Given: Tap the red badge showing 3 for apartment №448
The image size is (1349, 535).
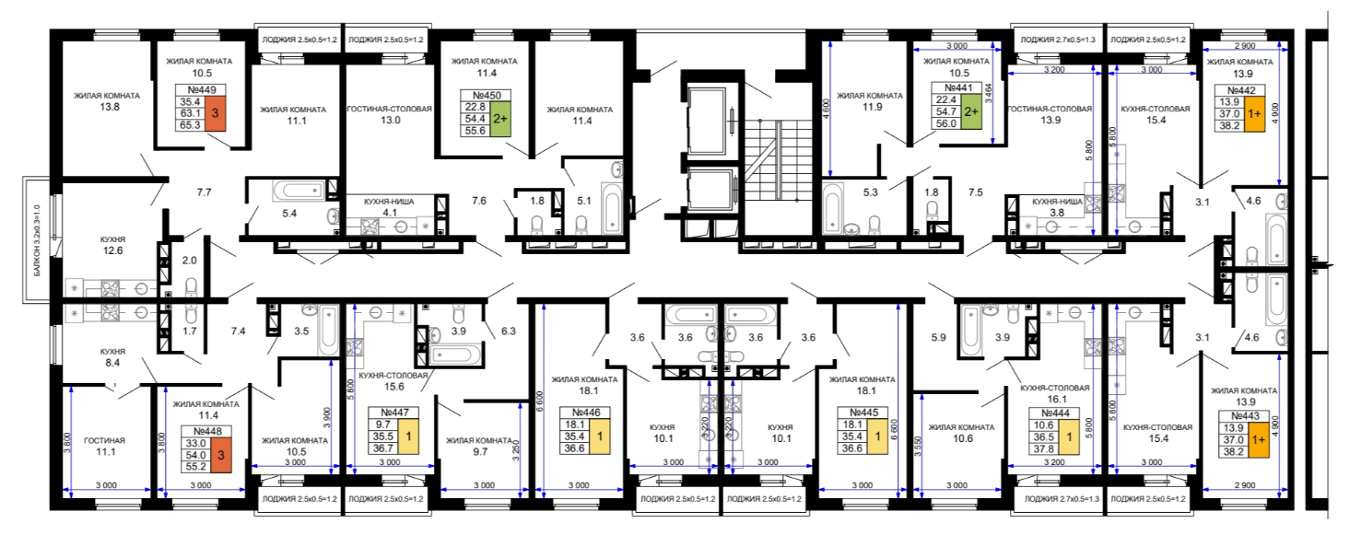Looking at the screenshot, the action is coord(221,455).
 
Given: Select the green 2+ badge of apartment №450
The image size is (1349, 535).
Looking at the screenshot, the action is coord(500,119).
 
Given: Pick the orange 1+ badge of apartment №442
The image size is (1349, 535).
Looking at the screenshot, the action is coord(1254,114).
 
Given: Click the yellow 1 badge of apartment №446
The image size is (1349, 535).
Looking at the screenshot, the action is coord(600,436).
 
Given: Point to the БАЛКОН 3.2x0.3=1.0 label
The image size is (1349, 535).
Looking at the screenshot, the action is coord(38,240).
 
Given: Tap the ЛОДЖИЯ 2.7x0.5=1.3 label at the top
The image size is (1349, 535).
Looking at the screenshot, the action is coord(1058,40).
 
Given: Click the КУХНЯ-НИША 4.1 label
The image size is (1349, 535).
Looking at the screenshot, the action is coord(389,206).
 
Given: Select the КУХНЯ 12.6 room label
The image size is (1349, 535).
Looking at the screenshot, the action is coord(112,246).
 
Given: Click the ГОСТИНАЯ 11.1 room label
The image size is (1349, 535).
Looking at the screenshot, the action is coord(105,446).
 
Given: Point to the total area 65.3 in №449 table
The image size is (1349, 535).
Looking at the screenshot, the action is coord(191,125).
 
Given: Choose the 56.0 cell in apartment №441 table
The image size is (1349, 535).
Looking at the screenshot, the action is coord(946,123).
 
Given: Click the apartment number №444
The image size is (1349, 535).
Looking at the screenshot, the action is coord(1056,413).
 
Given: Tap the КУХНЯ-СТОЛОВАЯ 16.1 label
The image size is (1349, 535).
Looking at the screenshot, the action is coord(1054,393).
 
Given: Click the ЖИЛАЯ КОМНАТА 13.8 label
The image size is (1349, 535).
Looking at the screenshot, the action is coord(107,101).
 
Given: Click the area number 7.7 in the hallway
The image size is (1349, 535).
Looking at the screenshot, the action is coord(205,192).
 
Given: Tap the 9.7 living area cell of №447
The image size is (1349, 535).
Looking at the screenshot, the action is coord(383,425).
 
